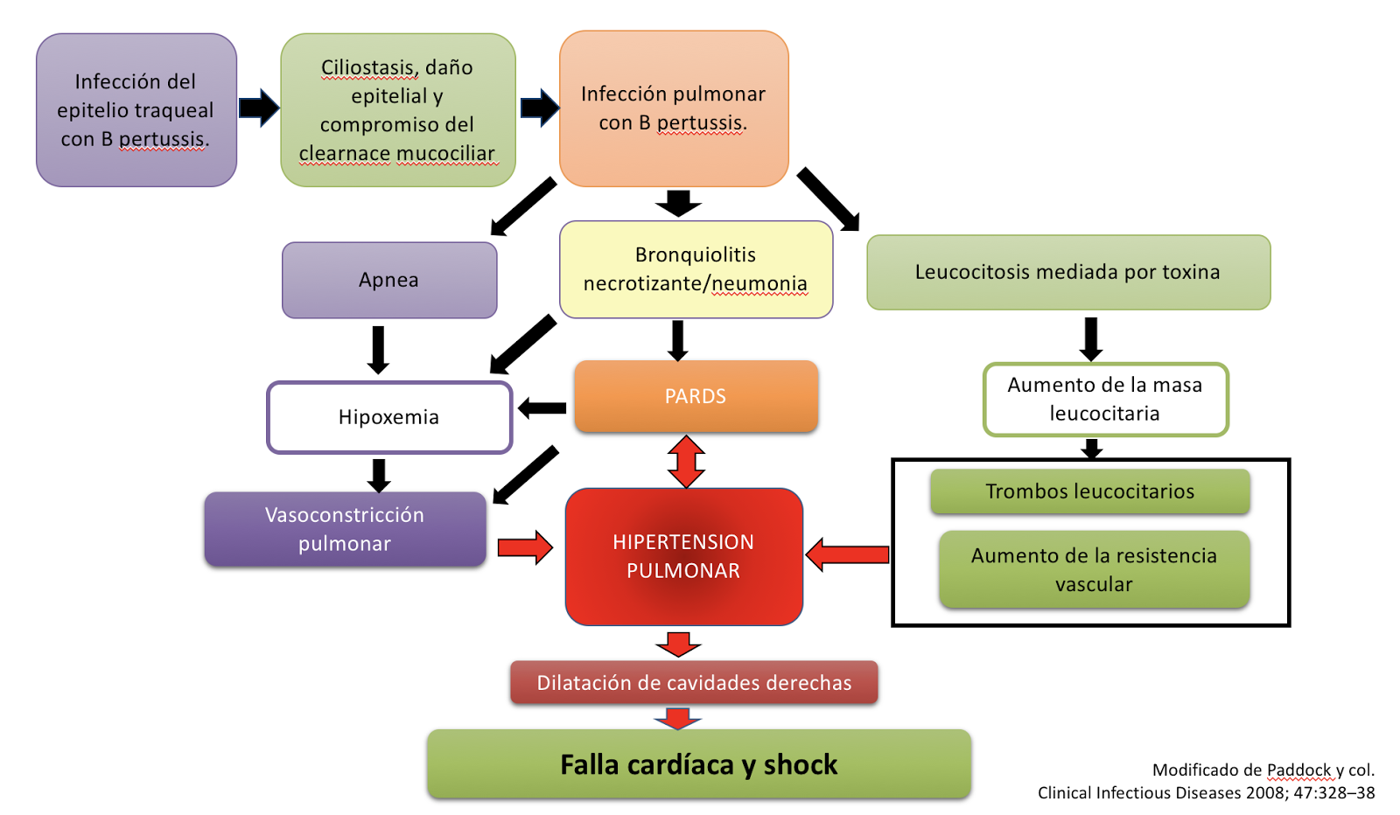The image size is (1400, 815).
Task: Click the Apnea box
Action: tap(389, 281)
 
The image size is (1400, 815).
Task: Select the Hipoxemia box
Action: tap(389, 417)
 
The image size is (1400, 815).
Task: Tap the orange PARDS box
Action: tap(696, 396)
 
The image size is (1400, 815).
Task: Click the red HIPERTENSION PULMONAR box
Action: tap(683, 556)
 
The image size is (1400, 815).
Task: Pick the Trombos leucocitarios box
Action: tap(1090, 491)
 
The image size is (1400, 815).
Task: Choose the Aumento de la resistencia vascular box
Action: tap(1095, 569)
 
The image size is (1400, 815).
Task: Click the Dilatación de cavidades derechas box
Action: tap(694, 683)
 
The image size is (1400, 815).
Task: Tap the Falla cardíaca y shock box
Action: tap(699, 764)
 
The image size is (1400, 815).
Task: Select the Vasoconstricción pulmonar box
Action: tap(345, 529)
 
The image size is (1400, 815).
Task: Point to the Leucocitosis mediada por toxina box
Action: tap(1068, 272)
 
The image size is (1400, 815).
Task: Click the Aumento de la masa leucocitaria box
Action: tap(1106, 399)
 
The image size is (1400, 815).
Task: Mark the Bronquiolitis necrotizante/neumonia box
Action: tap(696, 270)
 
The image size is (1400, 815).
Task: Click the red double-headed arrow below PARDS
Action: tap(686, 462)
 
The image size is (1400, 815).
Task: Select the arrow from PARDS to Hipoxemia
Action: tap(542, 408)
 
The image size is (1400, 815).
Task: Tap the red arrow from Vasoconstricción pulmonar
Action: tap(525, 547)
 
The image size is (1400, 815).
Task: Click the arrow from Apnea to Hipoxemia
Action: tap(378, 350)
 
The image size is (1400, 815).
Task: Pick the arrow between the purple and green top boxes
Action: tap(259, 108)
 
